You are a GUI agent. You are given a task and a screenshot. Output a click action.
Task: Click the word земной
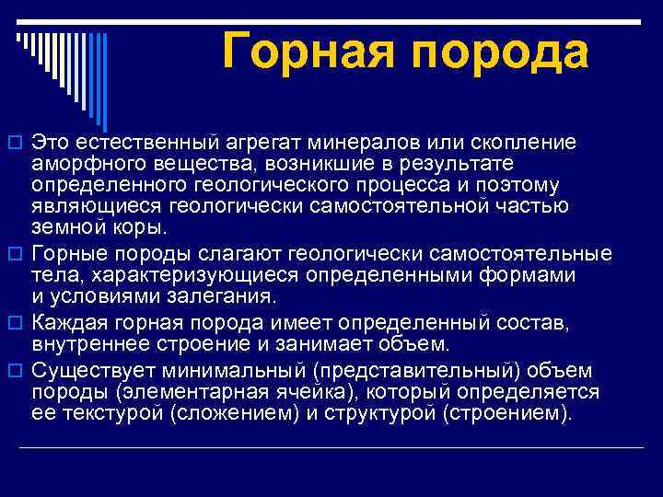tap(63, 226)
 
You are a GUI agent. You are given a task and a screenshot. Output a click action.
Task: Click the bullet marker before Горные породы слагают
tap(15, 253)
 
